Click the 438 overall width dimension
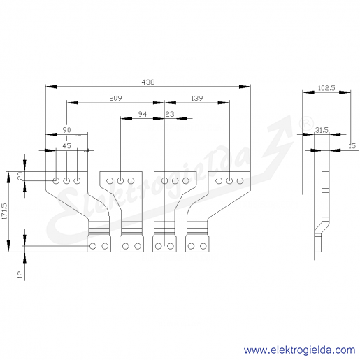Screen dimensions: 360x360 [x=148, y=82]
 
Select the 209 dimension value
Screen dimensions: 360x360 [x=115, y=98]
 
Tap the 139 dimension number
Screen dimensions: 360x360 [x=197, y=98]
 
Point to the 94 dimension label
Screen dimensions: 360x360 [x=143, y=114]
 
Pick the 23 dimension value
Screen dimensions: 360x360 [x=170, y=114]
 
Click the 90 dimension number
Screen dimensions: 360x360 [x=66, y=130]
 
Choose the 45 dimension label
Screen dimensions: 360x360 [x=66, y=146]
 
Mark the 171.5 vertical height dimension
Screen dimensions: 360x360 [x=4, y=211]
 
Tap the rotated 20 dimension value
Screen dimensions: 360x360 [x=20, y=175]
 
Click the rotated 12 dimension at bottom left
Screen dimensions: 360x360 [x=20, y=274]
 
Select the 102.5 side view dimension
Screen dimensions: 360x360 [x=326, y=88]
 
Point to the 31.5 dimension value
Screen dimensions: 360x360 [x=322, y=130]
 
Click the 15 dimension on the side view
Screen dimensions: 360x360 [x=352, y=146]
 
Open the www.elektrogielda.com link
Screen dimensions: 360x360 [x=299, y=350]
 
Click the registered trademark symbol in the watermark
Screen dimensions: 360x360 [x=306, y=124]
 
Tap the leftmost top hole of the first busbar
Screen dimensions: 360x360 [x=56, y=180]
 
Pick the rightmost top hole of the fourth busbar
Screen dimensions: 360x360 [x=240, y=180]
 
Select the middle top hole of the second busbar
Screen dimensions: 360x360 [x=120, y=180]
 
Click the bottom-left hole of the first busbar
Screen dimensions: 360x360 [x=93, y=246]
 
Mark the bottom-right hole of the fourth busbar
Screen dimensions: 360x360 [x=203, y=246]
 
